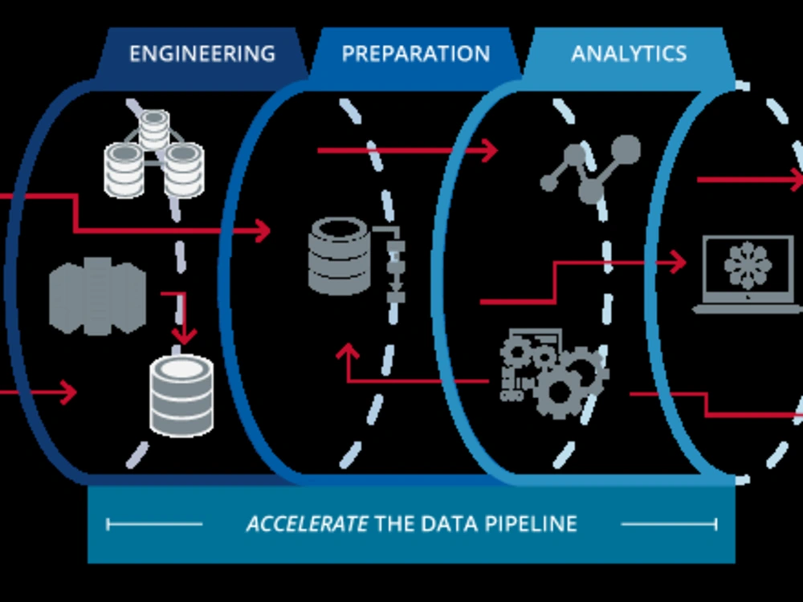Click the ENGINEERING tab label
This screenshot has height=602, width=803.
click(x=202, y=54)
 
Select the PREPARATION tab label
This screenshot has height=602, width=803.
click(x=416, y=54)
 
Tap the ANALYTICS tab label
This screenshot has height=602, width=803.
click(x=629, y=54)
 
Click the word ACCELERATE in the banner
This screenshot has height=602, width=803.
click(x=307, y=523)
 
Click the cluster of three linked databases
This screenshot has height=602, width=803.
click(x=153, y=153)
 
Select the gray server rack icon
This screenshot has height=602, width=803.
click(x=97, y=296)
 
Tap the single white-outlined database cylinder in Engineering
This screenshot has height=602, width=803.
click(x=181, y=396)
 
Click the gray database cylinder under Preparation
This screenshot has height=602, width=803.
click(x=340, y=256)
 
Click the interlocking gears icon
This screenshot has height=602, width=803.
click(x=554, y=372)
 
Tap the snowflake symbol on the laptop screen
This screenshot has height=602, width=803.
click(x=748, y=266)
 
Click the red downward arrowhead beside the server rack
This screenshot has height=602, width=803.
click(x=184, y=336)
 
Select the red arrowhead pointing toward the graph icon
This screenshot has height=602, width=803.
click(x=490, y=150)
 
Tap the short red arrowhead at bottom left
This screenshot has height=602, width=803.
click(x=68, y=393)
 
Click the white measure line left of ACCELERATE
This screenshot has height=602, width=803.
click(x=154, y=524)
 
